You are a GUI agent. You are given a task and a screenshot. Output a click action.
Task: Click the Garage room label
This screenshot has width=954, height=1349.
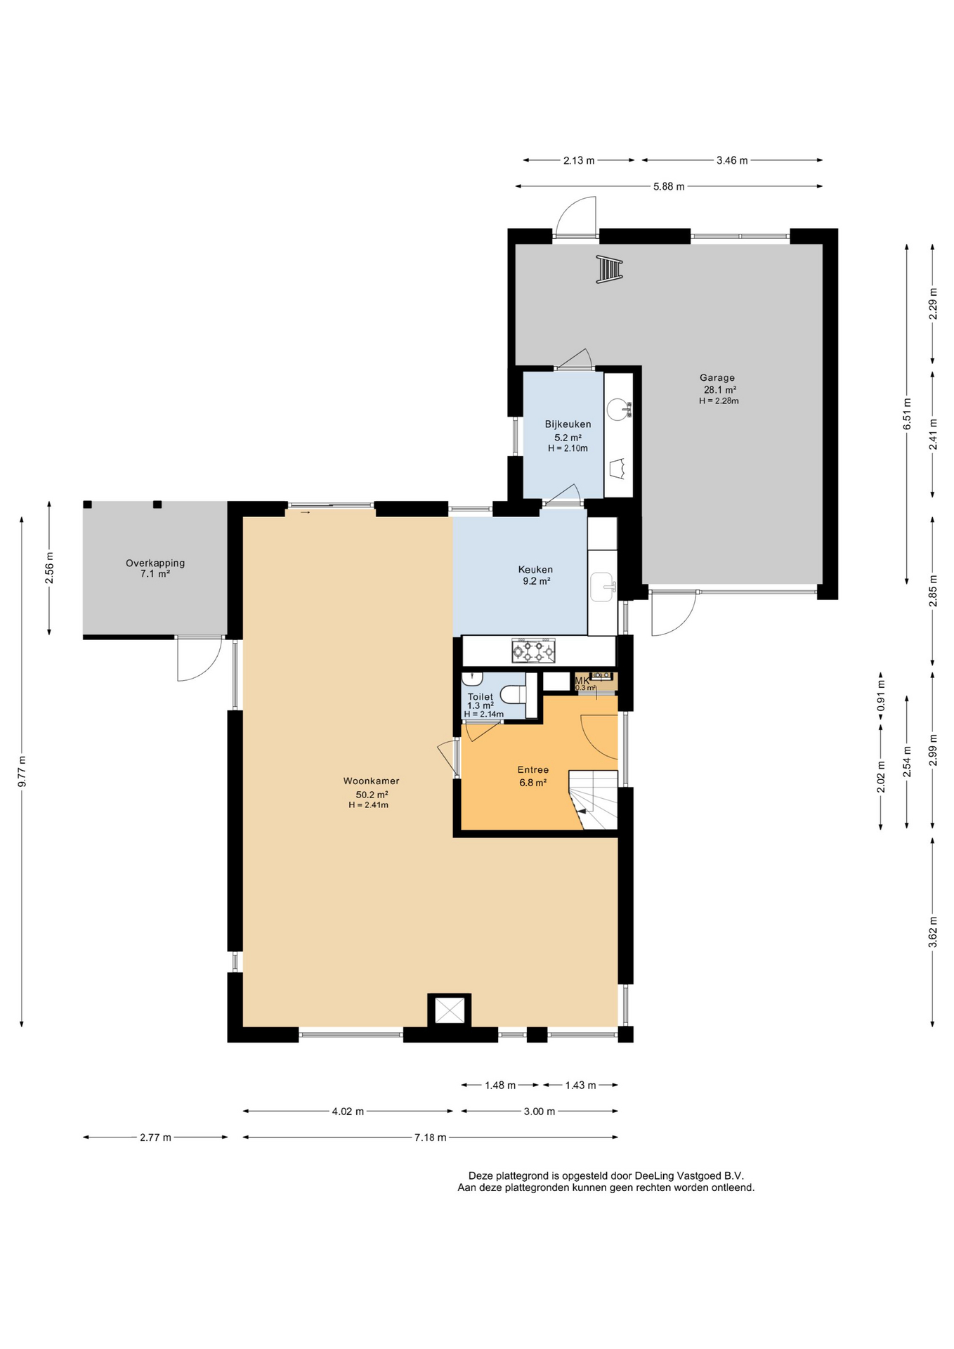pyautogui.click(x=717, y=377)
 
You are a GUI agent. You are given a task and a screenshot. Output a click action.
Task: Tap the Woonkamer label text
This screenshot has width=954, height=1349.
pyautogui.click(x=371, y=781)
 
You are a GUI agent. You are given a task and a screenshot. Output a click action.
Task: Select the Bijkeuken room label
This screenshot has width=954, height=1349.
pyautogui.click(x=568, y=424)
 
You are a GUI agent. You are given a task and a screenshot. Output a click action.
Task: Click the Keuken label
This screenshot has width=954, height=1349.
pyautogui.click(x=535, y=570)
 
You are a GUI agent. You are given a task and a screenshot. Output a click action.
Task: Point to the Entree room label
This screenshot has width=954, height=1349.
pyautogui.click(x=533, y=770)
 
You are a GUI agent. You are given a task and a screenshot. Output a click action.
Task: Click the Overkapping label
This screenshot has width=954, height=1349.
pyautogui.click(x=155, y=563)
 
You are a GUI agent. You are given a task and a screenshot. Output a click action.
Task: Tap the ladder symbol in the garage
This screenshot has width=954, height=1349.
pyautogui.click(x=609, y=269)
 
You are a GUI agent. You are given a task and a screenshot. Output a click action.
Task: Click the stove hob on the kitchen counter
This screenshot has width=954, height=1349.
pyautogui.click(x=533, y=651)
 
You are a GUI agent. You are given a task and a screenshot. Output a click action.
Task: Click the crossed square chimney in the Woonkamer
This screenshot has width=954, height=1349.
pyautogui.click(x=450, y=1010)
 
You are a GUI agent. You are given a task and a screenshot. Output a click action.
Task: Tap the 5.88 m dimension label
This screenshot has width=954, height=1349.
pyautogui.click(x=669, y=187)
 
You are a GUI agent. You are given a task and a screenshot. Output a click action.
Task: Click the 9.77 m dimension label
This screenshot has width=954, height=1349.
pyautogui.click(x=22, y=771)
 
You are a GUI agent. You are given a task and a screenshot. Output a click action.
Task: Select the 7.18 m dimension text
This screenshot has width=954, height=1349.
pyautogui.click(x=431, y=1138)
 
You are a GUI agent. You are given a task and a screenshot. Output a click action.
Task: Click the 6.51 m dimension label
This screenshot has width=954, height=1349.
pyautogui.click(x=907, y=414)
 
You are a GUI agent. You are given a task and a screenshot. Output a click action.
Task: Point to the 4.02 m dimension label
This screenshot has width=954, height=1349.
pyautogui.click(x=348, y=1112)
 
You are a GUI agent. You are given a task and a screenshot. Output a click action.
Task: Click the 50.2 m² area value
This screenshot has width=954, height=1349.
pyautogui.click(x=372, y=795)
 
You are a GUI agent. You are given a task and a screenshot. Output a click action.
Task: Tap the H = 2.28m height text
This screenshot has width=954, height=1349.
pyautogui.click(x=719, y=401)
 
